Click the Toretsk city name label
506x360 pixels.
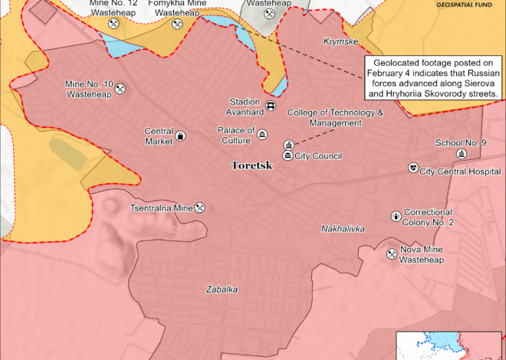pos(252,165)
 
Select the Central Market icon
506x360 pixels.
pos(181,136)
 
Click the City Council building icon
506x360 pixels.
pos(277,156)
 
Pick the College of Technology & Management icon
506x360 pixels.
pos(288,145)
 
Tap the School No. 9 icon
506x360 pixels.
pos(461,154)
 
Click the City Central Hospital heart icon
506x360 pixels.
pos(413,168)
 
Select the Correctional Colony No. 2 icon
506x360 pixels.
pos(395,217)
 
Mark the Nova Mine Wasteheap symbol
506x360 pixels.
pos(392,254)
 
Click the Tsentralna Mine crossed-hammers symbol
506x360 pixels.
pos(199,207)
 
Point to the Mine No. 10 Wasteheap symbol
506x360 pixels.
pos(120,90)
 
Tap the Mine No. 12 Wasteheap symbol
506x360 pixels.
pos(113,25)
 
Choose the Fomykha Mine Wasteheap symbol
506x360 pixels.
pos(177,25)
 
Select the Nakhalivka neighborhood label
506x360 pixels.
pos(343,229)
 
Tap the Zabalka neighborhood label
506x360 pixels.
pos(222,290)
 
